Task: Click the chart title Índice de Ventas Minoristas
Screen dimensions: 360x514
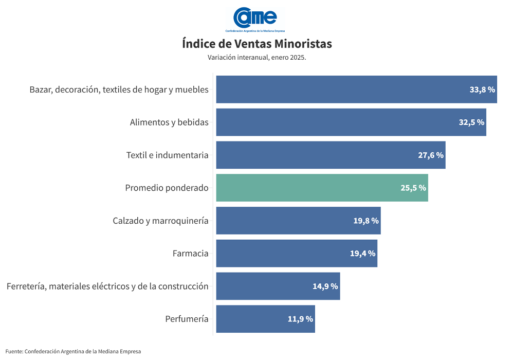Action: (x=257, y=44)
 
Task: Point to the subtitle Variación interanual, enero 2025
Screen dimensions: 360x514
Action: (x=257, y=58)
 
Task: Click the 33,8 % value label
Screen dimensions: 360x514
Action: (x=482, y=89)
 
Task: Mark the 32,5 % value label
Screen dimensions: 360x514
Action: (x=471, y=122)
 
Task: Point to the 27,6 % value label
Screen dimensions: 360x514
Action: (x=431, y=155)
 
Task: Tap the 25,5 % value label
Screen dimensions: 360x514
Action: (x=413, y=188)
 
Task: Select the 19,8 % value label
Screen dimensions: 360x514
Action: (x=366, y=221)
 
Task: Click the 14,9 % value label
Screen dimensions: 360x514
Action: (x=325, y=286)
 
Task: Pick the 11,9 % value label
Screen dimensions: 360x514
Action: (x=300, y=319)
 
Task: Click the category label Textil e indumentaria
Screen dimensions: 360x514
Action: (x=168, y=155)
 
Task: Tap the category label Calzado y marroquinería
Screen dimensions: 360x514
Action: (x=160, y=221)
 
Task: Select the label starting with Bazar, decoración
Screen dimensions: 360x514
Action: (x=119, y=89)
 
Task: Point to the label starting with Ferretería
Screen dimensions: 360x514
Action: (x=107, y=286)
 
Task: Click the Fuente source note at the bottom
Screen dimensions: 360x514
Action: (x=73, y=351)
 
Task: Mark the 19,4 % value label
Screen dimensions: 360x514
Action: (x=363, y=254)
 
